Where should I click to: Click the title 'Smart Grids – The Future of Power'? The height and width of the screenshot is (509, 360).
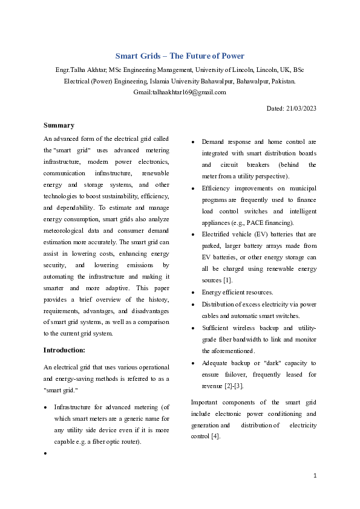point(180,56)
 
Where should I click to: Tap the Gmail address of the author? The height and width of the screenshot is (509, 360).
point(179,92)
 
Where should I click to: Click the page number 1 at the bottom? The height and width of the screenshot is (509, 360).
point(315,476)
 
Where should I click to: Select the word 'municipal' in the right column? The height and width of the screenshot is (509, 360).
point(303,189)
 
